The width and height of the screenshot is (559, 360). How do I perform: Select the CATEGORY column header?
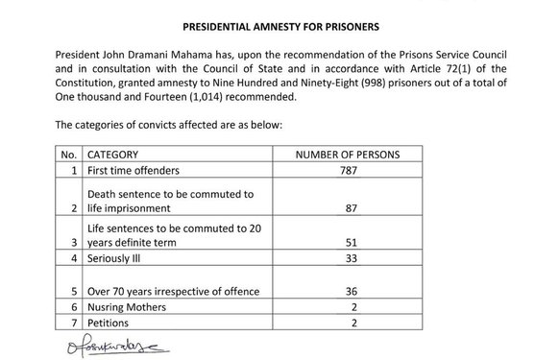pos(113,154)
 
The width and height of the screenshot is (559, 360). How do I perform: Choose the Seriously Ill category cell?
pos(114,259)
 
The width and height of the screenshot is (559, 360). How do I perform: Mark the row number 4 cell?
pos(73,259)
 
